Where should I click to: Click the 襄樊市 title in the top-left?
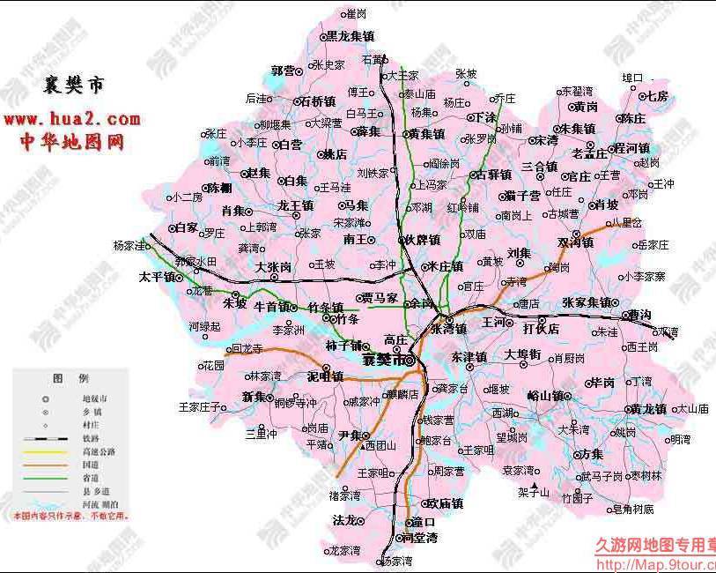tap(74, 86)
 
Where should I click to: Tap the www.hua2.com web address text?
tap(72, 119)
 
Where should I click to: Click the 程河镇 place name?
tap(632, 148)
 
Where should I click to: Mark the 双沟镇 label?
tap(576, 242)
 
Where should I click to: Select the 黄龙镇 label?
tap(649, 409)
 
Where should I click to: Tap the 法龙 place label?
tap(343, 520)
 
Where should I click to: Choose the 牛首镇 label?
tap(272, 307)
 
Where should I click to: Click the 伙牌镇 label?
tap(419, 240)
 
